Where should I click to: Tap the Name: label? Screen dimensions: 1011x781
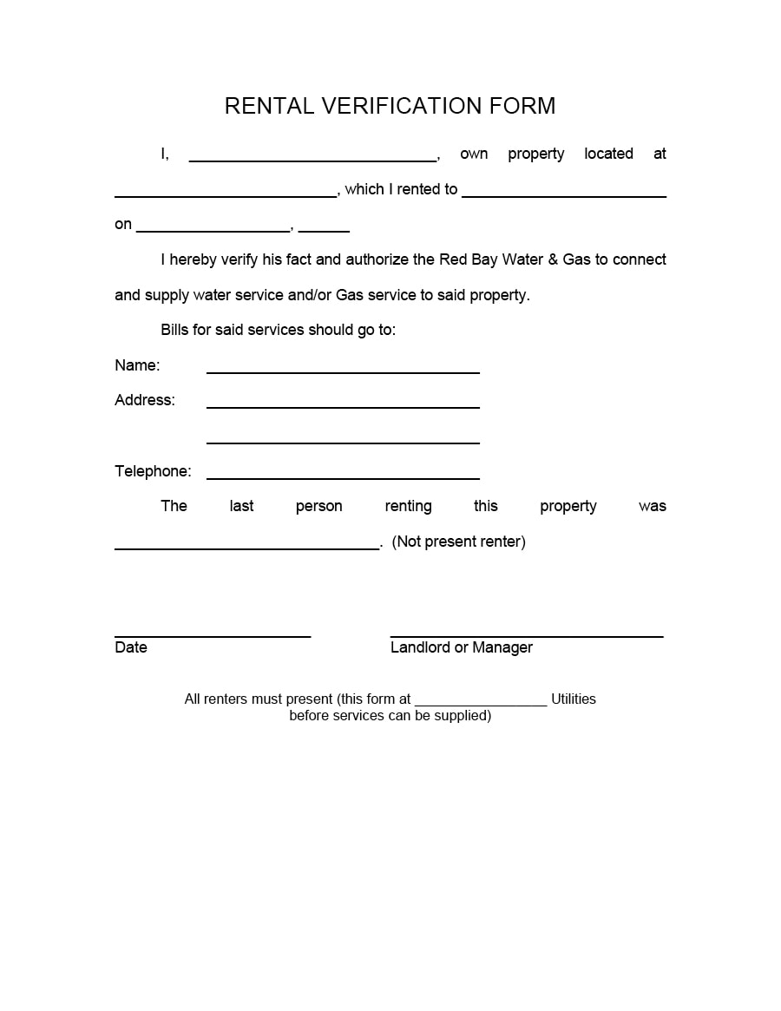pos(137,365)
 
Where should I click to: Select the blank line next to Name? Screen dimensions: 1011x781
pos(343,371)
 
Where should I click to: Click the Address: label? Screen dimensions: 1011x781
pos(145,400)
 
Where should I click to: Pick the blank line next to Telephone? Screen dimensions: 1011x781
pos(343,477)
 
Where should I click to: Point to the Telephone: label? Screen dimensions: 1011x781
pos(153,471)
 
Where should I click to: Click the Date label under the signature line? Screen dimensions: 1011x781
pos(131,647)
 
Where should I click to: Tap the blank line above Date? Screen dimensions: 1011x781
pos(213,636)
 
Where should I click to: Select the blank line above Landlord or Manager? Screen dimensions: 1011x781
pos(527,636)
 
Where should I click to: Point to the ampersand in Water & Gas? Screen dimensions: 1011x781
pos(553,259)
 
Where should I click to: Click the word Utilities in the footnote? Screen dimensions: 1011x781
pos(574,699)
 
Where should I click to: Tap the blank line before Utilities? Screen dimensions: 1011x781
pos(481,704)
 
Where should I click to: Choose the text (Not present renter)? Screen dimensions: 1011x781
pos(458,542)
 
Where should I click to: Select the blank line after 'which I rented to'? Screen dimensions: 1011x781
pos(564,196)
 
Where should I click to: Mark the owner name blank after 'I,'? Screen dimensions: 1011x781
pos(312,160)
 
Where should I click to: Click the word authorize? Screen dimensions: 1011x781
pos(377,259)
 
